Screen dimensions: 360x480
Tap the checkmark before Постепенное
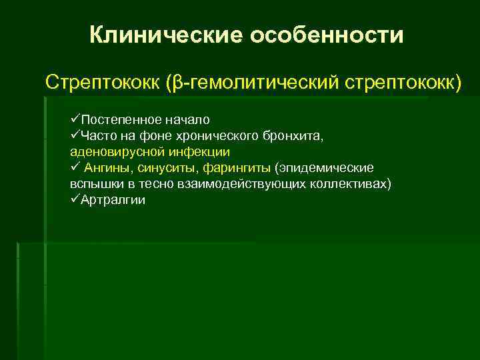74,120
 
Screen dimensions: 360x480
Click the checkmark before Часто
74,136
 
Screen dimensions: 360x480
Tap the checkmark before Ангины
74,167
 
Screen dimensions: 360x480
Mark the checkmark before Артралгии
74,199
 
